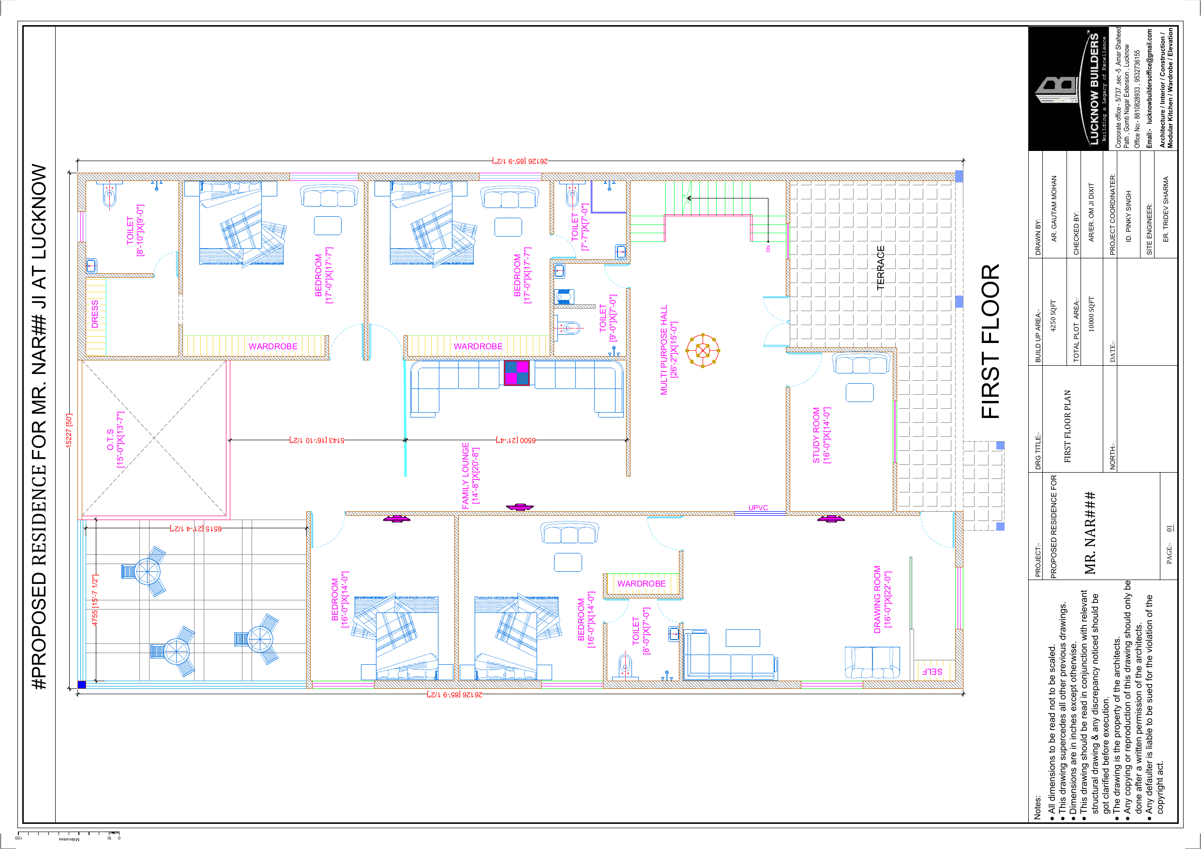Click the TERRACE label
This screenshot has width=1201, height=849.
click(x=880, y=268)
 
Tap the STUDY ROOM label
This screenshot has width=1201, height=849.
click(x=816, y=435)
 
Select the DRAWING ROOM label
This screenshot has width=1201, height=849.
click(x=877, y=599)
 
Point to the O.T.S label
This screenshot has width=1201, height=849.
click(x=110, y=440)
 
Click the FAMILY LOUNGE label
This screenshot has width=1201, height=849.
click(x=465, y=476)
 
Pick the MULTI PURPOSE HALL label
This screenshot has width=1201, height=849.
click(x=664, y=350)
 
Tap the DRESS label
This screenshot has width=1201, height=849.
click(x=95, y=314)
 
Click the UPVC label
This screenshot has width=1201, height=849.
click(x=758, y=508)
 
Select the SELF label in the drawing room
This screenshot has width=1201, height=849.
click(x=931, y=671)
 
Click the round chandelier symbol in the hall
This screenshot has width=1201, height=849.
click(x=703, y=350)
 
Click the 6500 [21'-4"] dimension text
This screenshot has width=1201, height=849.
click(x=516, y=440)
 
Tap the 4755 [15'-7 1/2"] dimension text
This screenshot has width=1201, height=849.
click(x=95, y=600)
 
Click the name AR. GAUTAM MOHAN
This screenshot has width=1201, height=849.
click(x=1054, y=208)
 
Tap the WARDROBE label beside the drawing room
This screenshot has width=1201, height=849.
click(x=641, y=584)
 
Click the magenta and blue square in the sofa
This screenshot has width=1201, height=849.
click(x=517, y=373)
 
